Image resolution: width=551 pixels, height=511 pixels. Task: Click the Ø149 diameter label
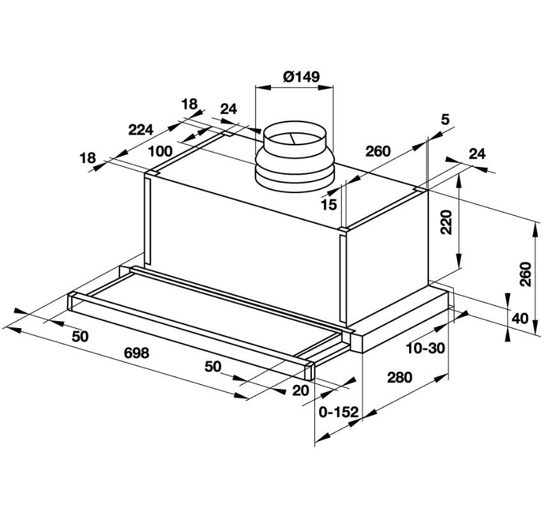pyautogui.click(x=301, y=76)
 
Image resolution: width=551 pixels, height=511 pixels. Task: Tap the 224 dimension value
pyautogui.click(x=141, y=130)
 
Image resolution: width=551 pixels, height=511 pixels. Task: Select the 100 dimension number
pyautogui.click(x=160, y=151)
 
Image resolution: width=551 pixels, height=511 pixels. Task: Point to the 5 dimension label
pyautogui.click(x=445, y=120)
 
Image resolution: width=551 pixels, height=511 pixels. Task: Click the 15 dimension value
pyautogui.click(x=329, y=205)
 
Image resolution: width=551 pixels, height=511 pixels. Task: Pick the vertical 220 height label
pyautogui.click(x=447, y=222)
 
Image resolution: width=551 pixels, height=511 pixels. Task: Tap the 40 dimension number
pyautogui.click(x=520, y=318)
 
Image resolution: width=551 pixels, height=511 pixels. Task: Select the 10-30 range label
pyautogui.click(x=425, y=349)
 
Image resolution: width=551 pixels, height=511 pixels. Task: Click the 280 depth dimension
pyautogui.click(x=400, y=377)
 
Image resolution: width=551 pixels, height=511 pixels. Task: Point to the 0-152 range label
pyautogui.click(x=338, y=412)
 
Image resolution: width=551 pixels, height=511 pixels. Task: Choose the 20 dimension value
pyautogui.click(x=301, y=390)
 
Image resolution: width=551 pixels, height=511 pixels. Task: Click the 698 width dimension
pyautogui.click(x=137, y=353)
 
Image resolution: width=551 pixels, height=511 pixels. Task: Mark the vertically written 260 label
pyautogui.click(x=527, y=274)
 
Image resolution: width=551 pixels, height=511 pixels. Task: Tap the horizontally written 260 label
pyautogui.click(x=378, y=151)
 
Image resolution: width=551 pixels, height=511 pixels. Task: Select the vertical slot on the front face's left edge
pyautogui.click(x=147, y=221)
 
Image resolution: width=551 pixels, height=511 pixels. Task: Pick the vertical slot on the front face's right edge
pyautogui.click(x=343, y=278)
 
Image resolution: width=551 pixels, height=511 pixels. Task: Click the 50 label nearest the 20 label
pyautogui.click(x=213, y=367)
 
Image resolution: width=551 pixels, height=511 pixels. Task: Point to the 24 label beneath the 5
pyautogui.click(x=477, y=153)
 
